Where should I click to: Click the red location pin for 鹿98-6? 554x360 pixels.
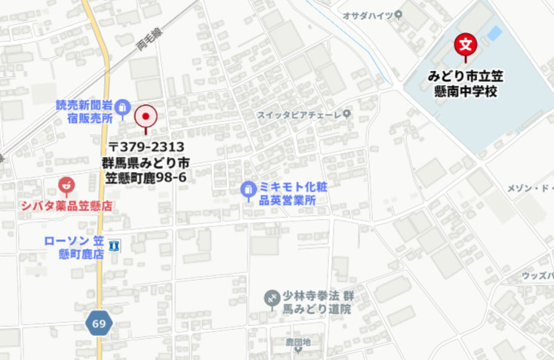tap(145, 118)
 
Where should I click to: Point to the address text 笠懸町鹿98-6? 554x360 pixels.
tap(146, 177)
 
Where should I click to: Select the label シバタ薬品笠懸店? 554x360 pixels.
tap(66, 205)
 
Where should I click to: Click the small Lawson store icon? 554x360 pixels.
tap(114, 246)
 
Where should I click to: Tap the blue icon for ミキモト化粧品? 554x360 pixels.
tap(248, 190)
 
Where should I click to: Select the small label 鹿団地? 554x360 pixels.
tap(297, 342)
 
